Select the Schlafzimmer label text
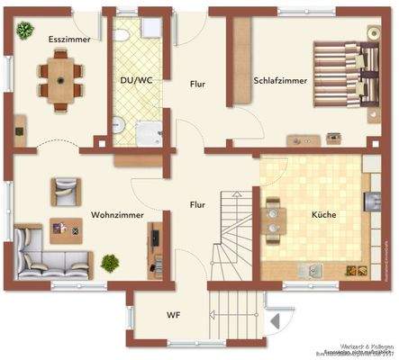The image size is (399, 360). tap(280, 80)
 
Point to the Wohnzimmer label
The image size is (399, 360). tap(118, 215)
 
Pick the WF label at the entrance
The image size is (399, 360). tap(174, 315)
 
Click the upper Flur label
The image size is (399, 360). tap(198, 85)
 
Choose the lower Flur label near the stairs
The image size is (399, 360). tap(197, 204)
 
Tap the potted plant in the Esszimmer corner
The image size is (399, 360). tap(23, 32)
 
